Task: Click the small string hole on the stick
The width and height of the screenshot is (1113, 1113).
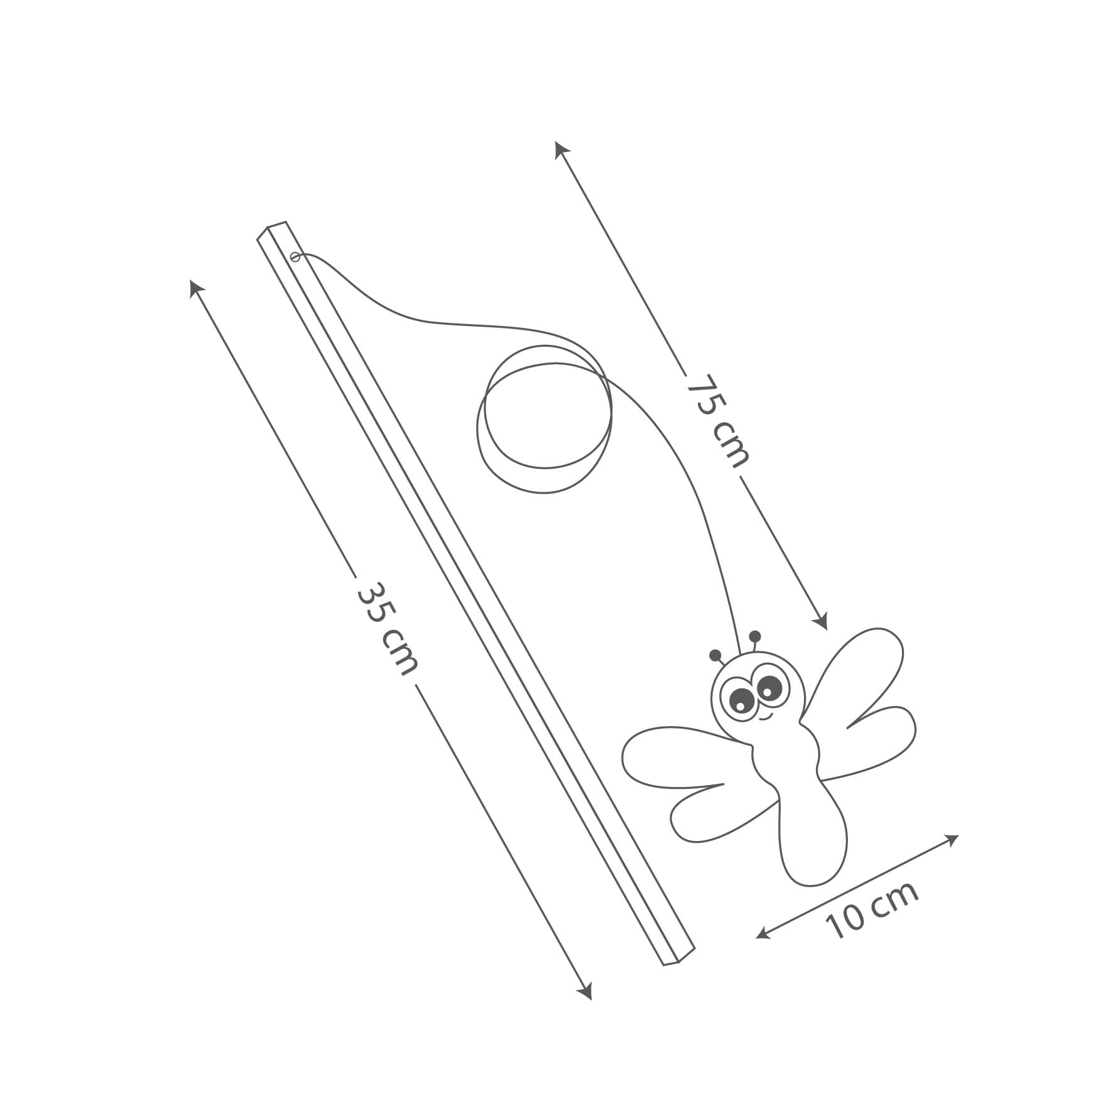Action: tap(295, 256)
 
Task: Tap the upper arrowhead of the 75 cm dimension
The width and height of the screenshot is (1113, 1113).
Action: tap(561, 149)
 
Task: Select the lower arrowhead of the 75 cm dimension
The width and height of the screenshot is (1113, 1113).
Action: tap(820, 621)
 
